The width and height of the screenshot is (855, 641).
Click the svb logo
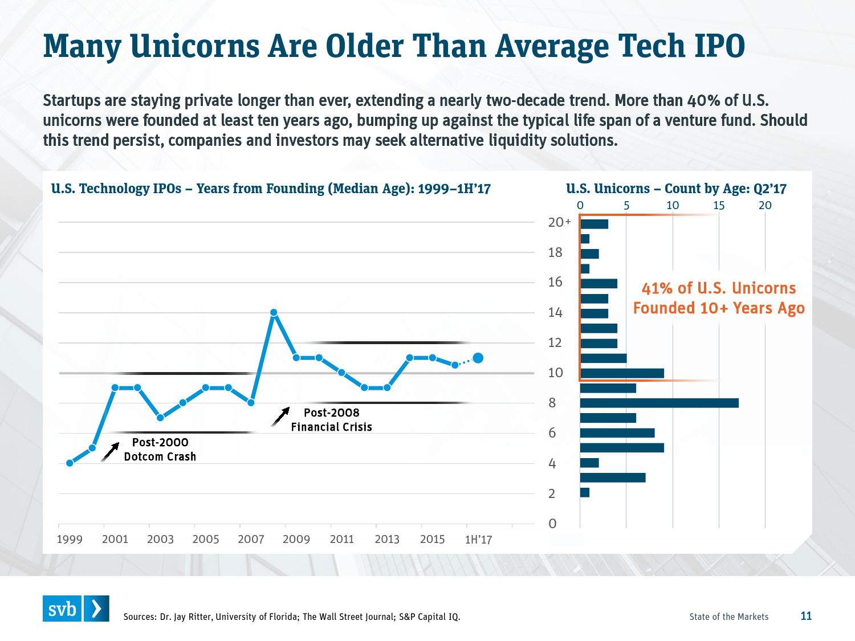(76, 609)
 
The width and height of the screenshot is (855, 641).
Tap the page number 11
(806, 616)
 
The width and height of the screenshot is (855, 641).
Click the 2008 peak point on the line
(274, 312)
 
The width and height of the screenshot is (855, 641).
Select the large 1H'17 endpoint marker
(478, 358)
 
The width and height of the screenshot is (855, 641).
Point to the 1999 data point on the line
(70, 463)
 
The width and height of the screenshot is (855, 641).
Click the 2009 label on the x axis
(296, 539)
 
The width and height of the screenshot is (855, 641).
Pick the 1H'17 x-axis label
(478, 539)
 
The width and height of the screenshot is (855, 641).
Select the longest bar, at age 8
(659, 403)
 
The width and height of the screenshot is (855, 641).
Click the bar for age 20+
(594, 224)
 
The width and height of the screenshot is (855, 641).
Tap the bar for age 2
(585, 492)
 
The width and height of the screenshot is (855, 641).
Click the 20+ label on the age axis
(559, 222)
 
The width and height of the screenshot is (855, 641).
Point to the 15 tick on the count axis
(719, 205)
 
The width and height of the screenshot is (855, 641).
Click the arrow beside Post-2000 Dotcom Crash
(110, 452)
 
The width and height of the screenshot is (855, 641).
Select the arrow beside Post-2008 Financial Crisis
(280, 417)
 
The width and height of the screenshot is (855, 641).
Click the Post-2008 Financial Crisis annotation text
(331, 419)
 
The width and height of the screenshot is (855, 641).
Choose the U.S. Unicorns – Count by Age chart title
(676, 189)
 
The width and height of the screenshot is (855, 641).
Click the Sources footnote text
(291, 616)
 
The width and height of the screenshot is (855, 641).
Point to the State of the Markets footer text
(728, 616)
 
